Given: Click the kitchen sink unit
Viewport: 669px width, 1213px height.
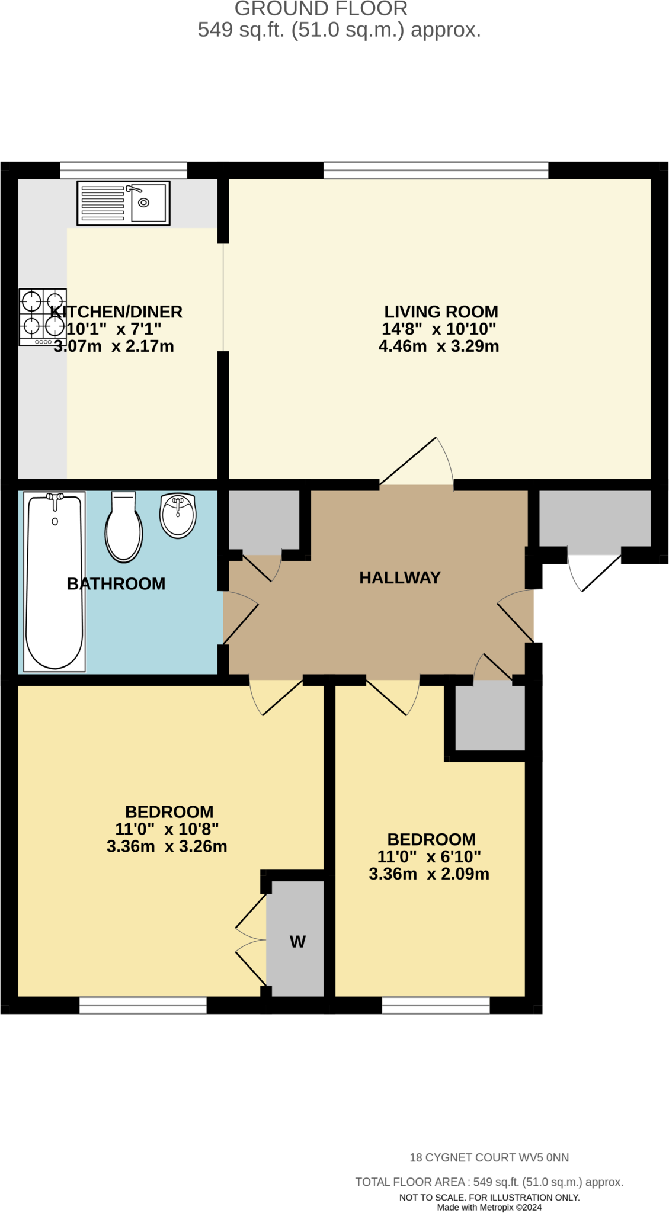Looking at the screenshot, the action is coord(123,203).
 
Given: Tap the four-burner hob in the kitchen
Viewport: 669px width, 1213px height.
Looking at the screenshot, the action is coord(43,317).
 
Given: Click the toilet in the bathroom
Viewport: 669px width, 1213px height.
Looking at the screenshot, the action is coord(124,527).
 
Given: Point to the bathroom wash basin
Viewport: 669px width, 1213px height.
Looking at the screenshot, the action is coord(178,515).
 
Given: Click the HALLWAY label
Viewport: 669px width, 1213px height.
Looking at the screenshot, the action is coord(400,577).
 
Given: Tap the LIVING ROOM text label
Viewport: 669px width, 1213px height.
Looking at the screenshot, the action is coord(441,312).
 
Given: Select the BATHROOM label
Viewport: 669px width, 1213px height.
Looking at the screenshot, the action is coord(116,584).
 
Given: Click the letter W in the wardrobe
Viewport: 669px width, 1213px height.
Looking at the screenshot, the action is coord(297,942).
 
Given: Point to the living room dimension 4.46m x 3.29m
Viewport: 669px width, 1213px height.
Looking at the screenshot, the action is coord(438,346).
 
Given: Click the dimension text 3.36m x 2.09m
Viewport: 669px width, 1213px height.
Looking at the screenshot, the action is coord(429,874).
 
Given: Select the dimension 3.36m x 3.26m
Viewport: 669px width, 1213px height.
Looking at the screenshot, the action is coord(167,846).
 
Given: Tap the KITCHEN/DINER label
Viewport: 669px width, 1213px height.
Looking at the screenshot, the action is coord(116,312).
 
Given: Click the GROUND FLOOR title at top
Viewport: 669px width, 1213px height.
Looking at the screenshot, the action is coord(321,9).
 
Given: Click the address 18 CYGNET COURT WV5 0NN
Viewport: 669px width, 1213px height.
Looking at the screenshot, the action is coord(489,1157).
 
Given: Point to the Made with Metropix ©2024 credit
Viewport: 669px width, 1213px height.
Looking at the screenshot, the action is coord(489,1207).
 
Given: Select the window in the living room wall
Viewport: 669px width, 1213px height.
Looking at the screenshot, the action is coord(436,170).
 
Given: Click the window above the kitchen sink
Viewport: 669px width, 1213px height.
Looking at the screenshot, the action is coord(123,170).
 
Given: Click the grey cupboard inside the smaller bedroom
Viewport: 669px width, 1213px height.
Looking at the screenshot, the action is coord(490,715).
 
